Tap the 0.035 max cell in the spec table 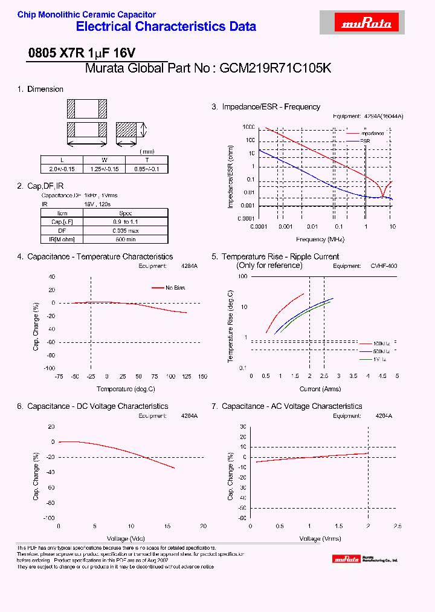pyautogui.click(x=126, y=230)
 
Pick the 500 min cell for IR pyautogui.click(x=126, y=239)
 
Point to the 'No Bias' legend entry pyautogui.click(x=175, y=288)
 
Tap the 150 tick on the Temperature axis pyautogui.click(x=202, y=376)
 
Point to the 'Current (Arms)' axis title pyautogui.click(x=320, y=389)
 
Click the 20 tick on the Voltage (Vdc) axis pyautogui.click(x=203, y=526)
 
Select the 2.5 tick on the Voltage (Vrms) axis pyautogui.click(x=397, y=526)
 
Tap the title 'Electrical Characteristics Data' pyautogui.click(x=166, y=27)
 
